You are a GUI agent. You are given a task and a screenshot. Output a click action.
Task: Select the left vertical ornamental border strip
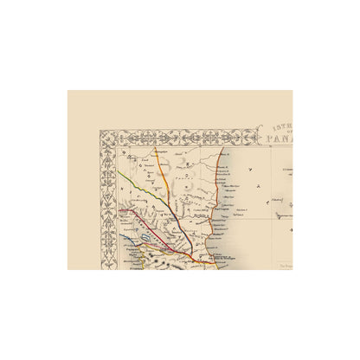[x=107, y=207]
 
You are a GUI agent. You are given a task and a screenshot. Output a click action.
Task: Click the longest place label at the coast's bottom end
[x=222, y=257]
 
